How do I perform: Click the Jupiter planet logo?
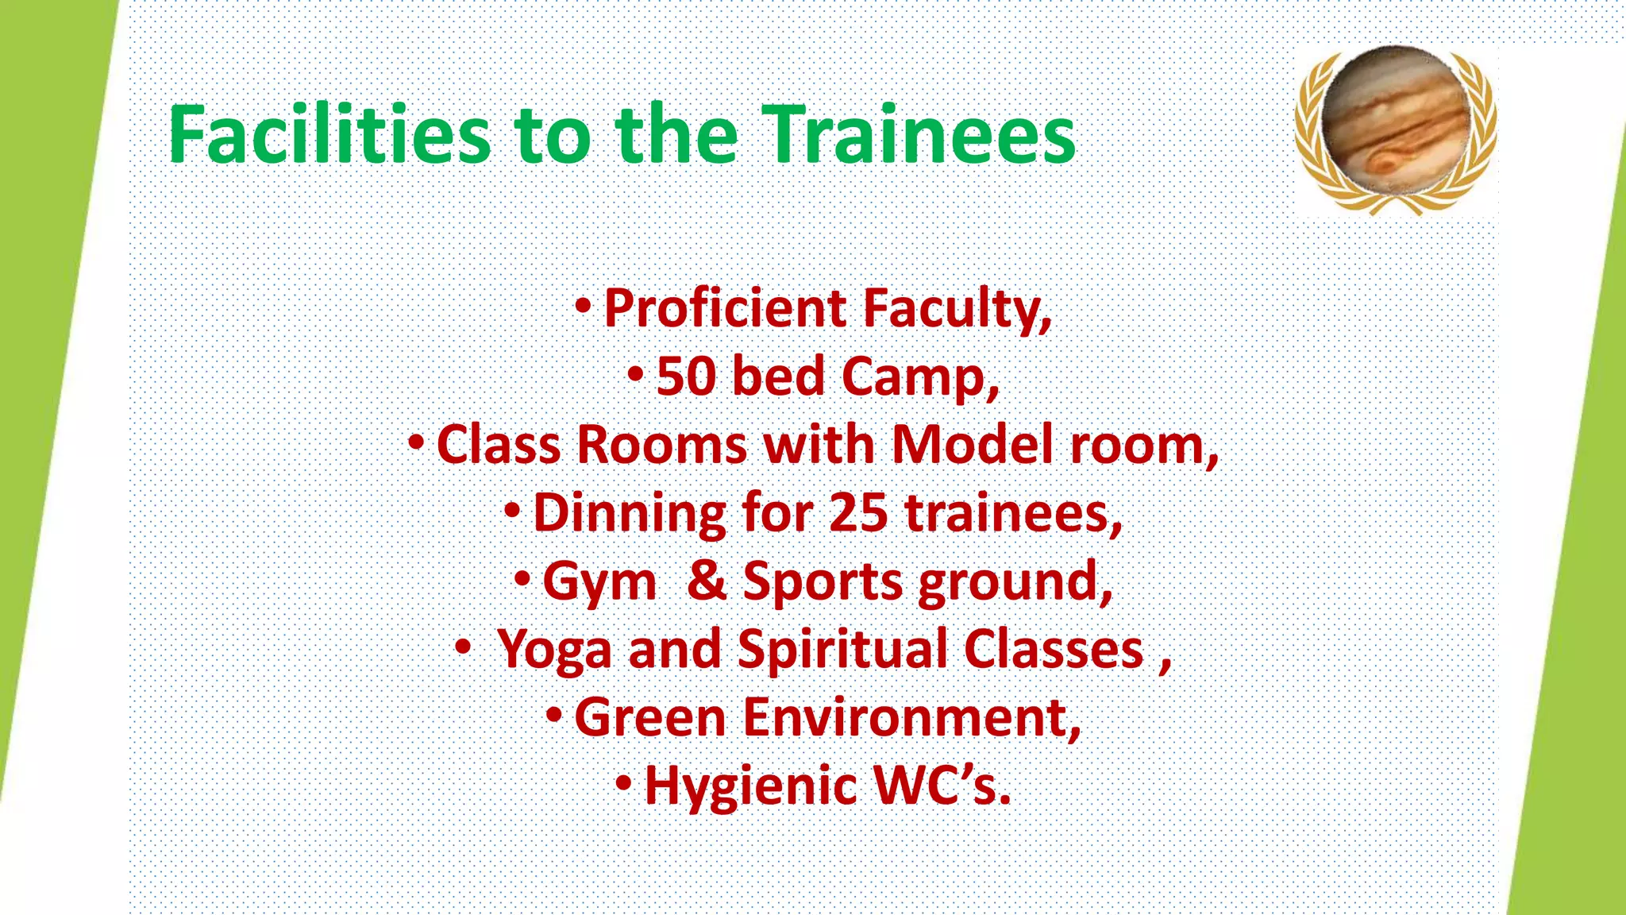pyautogui.click(x=1396, y=127)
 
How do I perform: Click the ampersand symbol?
pyautogui.click(x=706, y=581)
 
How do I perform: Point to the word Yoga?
pyautogui.click(x=554, y=651)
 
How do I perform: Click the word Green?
pyautogui.click(x=650, y=718)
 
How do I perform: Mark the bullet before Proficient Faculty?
pyautogui.click(x=584, y=306)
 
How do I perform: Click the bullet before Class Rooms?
pyautogui.click(x=416, y=442)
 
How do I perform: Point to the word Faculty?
pyautogui.click(x=957, y=308)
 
